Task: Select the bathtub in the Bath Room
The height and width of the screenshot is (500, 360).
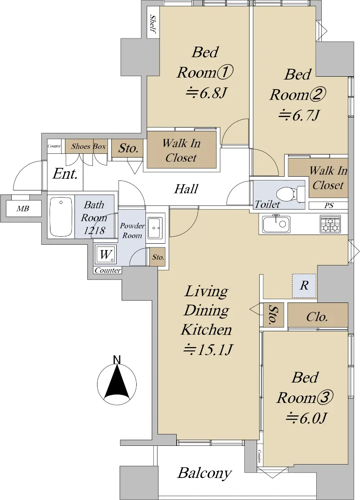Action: (x=61, y=217)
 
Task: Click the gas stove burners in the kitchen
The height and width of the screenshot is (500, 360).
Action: (x=330, y=224)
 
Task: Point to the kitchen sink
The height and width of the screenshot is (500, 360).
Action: (x=276, y=225)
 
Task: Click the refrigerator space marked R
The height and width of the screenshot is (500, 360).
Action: (x=304, y=286)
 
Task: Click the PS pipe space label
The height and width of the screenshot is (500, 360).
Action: (x=329, y=206)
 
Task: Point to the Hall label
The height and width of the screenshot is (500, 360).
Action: (x=186, y=189)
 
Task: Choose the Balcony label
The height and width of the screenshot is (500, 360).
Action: (x=204, y=473)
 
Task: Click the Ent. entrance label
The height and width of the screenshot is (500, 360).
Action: (x=65, y=174)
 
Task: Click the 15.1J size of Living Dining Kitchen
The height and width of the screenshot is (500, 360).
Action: (x=207, y=349)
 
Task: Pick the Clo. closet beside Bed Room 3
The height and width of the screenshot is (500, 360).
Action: (x=317, y=317)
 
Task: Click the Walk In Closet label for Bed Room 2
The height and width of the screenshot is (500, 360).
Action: (x=328, y=177)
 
